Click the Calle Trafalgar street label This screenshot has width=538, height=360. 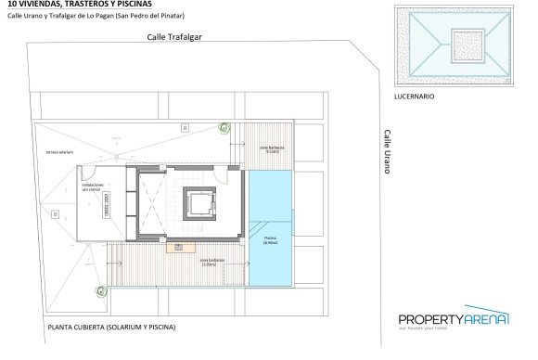(x=173, y=37)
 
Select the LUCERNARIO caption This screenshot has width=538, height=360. (x=414, y=96)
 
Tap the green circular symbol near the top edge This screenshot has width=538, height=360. (x=224, y=129)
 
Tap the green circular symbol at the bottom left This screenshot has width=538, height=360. (x=101, y=291)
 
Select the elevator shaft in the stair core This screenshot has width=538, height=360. (x=199, y=201)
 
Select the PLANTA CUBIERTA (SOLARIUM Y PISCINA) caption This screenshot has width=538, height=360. (x=110, y=328)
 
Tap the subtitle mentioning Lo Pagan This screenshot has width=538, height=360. (x=93, y=18)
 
